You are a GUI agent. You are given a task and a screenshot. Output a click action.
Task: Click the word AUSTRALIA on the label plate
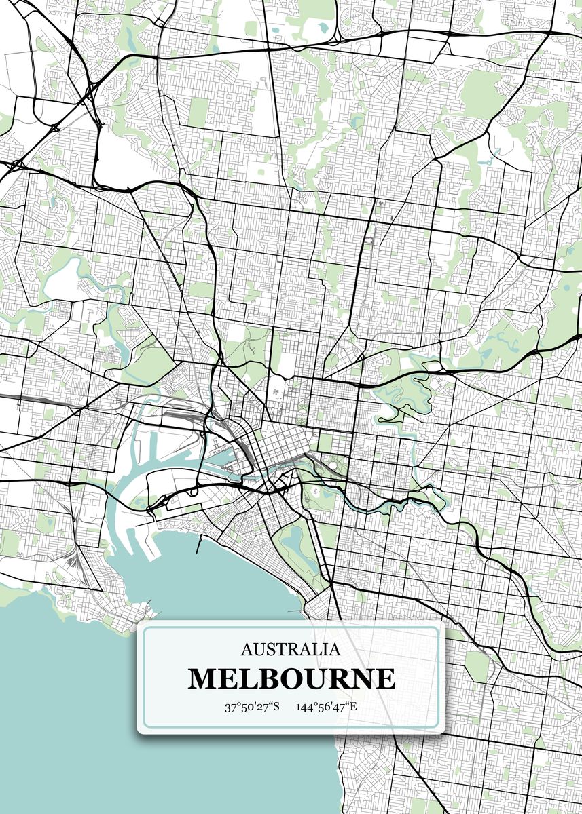point(291,650)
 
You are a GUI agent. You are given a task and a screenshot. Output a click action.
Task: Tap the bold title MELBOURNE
point(291,679)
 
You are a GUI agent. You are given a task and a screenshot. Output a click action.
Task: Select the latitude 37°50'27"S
point(253,708)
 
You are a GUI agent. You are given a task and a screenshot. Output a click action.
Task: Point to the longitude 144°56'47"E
point(327,708)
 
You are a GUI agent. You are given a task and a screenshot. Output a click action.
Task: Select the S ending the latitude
point(276,708)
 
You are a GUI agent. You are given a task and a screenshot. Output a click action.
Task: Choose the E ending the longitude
point(353,708)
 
